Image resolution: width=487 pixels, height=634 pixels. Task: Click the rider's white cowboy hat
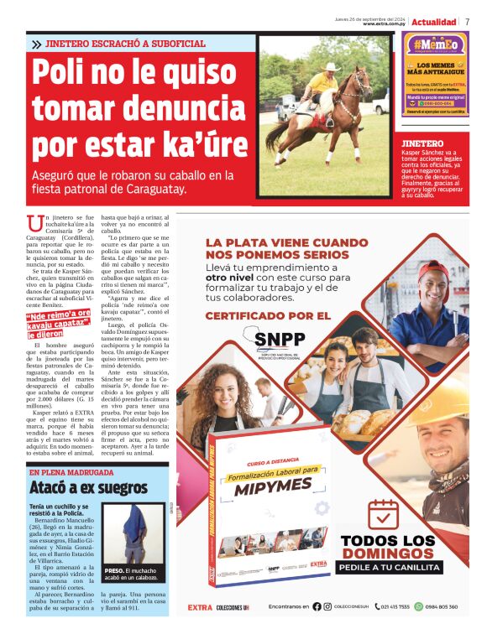tap(331, 66)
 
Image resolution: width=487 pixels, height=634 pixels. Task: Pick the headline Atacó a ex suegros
tap(77, 486)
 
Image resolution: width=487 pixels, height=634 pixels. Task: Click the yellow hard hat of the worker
tap(442, 411)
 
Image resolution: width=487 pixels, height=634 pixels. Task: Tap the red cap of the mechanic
tap(434, 270)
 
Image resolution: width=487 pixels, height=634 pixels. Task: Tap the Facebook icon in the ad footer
tap(317, 606)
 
